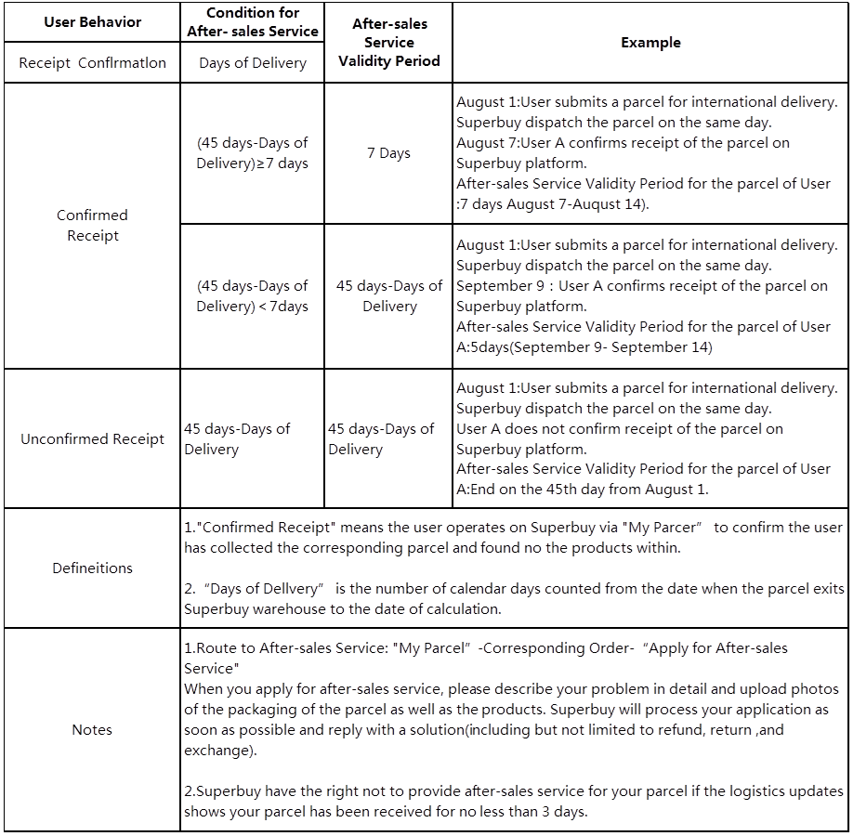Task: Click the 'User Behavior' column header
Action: pyautogui.click(x=92, y=21)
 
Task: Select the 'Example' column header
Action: pyautogui.click(x=650, y=43)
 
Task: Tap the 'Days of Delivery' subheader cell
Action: pyautogui.click(x=252, y=63)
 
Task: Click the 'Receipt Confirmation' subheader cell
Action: pyautogui.click(x=92, y=63)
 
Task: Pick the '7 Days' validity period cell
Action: pyautogui.click(x=388, y=153)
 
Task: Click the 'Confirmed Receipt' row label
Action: pyautogui.click(x=92, y=226)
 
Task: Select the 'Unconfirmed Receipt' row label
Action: pyautogui.click(x=92, y=438)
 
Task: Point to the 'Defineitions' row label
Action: pyautogui.click(x=92, y=568)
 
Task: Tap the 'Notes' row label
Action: pyautogui.click(x=92, y=730)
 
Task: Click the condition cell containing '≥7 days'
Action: pyautogui.click(x=252, y=153)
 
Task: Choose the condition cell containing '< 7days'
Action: pyautogui.click(x=252, y=296)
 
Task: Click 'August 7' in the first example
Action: pyautogui.click(x=487, y=143)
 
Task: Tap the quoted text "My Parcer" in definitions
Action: pyautogui.click(x=662, y=528)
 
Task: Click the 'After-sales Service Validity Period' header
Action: pyautogui.click(x=388, y=43)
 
